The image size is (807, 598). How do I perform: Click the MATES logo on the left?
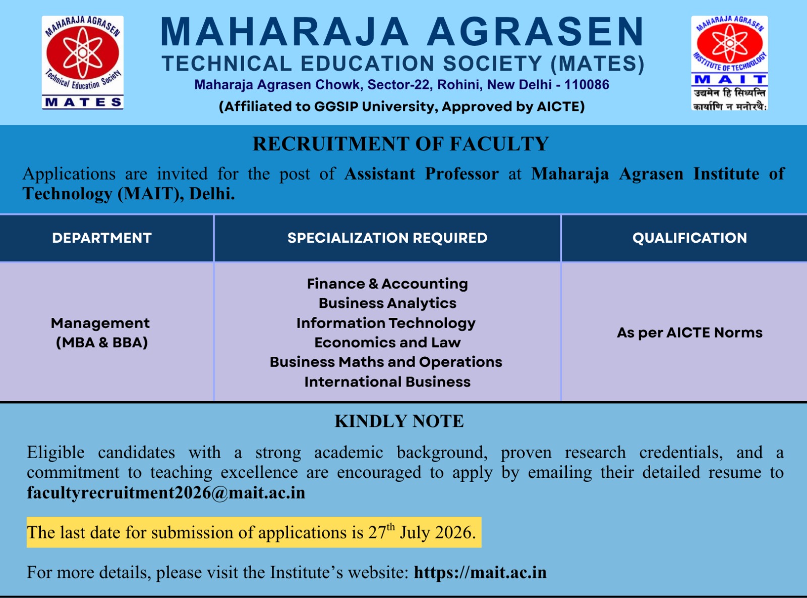coord(83,63)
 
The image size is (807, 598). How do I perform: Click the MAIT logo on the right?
coord(729,63)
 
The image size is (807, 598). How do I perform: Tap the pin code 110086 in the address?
coord(587,85)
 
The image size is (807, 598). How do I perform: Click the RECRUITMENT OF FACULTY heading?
coord(400,144)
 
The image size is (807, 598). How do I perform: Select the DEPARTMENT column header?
coord(102,238)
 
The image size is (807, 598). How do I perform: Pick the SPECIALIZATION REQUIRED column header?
coord(387,238)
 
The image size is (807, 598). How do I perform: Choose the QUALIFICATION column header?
coord(690,238)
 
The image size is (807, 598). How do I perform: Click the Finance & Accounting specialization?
coord(387,284)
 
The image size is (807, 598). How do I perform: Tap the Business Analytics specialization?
coord(387,303)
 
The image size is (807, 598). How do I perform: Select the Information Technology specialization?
coord(386,323)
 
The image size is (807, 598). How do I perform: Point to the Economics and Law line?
coord(387,343)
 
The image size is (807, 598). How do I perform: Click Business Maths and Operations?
coord(386,362)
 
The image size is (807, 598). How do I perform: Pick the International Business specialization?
coord(387,382)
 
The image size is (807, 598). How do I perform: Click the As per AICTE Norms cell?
coord(690,333)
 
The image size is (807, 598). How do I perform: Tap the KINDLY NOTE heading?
coord(399,421)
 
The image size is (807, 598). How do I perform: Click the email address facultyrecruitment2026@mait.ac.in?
coord(166,493)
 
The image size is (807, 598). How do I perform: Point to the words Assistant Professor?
coord(421,174)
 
